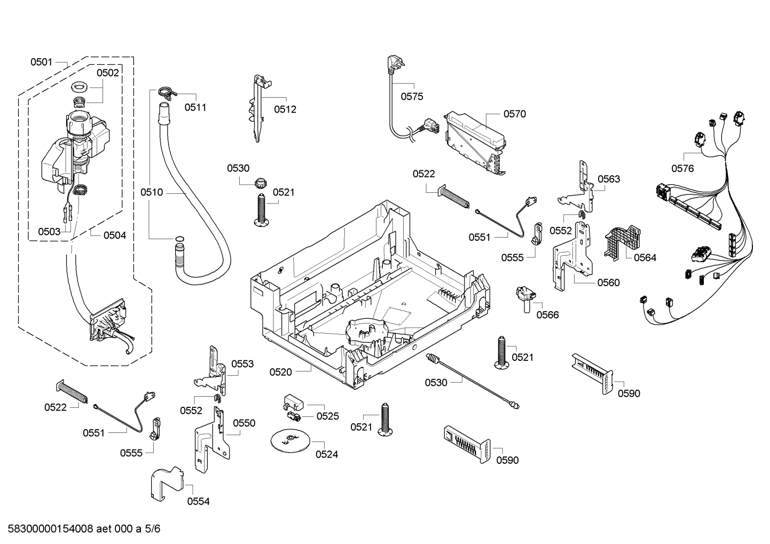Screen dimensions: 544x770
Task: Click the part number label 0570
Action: click(514, 114)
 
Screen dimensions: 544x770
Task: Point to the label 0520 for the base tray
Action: click(281, 372)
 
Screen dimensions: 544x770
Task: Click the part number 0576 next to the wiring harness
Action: click(682, 169)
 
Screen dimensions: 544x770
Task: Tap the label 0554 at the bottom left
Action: click(198, 501)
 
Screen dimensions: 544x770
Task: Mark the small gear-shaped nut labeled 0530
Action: click(261, 184)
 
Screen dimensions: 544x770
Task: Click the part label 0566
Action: click(547, 315)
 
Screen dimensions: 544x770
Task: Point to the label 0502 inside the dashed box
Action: click(108, 73)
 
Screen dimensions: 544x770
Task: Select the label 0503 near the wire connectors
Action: click(49, 232)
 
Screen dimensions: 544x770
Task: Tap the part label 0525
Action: click(327, 416)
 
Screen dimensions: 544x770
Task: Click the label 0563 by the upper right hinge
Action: click(609, 179)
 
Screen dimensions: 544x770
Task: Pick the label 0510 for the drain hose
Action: click(152, 192)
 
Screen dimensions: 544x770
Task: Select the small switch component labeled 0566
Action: click(526, 297)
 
